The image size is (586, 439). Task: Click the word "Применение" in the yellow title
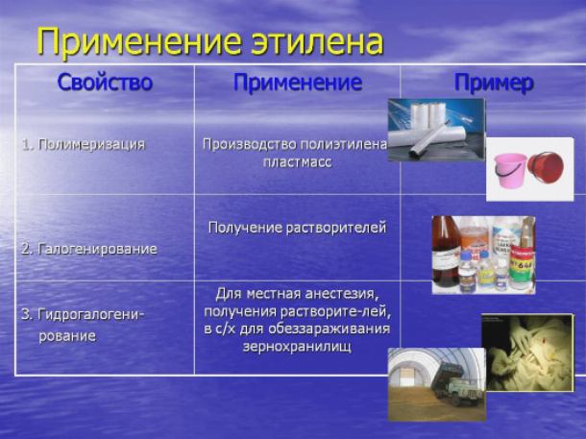(139, 41)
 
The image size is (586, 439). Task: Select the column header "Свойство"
(105, 83)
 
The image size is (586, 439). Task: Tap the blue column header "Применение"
(298, 83)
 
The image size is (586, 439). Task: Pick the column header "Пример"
(494, 83)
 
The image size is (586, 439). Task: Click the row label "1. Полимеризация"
(84, 145)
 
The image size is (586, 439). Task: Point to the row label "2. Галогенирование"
(89, 249)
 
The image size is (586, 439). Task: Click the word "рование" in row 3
(67, 336)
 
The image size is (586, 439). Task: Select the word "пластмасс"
(298, 162)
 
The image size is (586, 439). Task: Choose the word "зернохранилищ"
(297, 347)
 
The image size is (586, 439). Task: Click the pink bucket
(510, 170)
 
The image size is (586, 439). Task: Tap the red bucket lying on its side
(546, 166)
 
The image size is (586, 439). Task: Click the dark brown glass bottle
(446, 251)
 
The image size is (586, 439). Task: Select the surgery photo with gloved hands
(527, 353)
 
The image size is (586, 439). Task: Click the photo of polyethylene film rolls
(436, 130)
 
